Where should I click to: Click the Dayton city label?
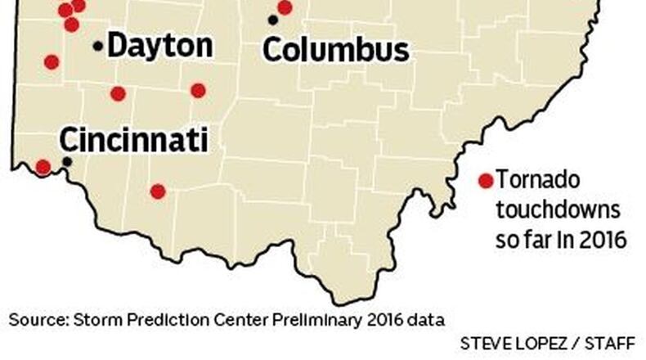159,46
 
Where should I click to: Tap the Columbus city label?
335,50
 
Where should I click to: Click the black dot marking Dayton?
98,47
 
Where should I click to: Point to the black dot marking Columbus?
272,20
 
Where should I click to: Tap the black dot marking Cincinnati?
67,161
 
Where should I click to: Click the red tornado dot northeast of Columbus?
285,7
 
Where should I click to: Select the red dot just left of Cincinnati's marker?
43,167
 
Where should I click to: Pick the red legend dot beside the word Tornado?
486,181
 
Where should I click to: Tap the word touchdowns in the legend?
559,210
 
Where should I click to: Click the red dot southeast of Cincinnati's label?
158,191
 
